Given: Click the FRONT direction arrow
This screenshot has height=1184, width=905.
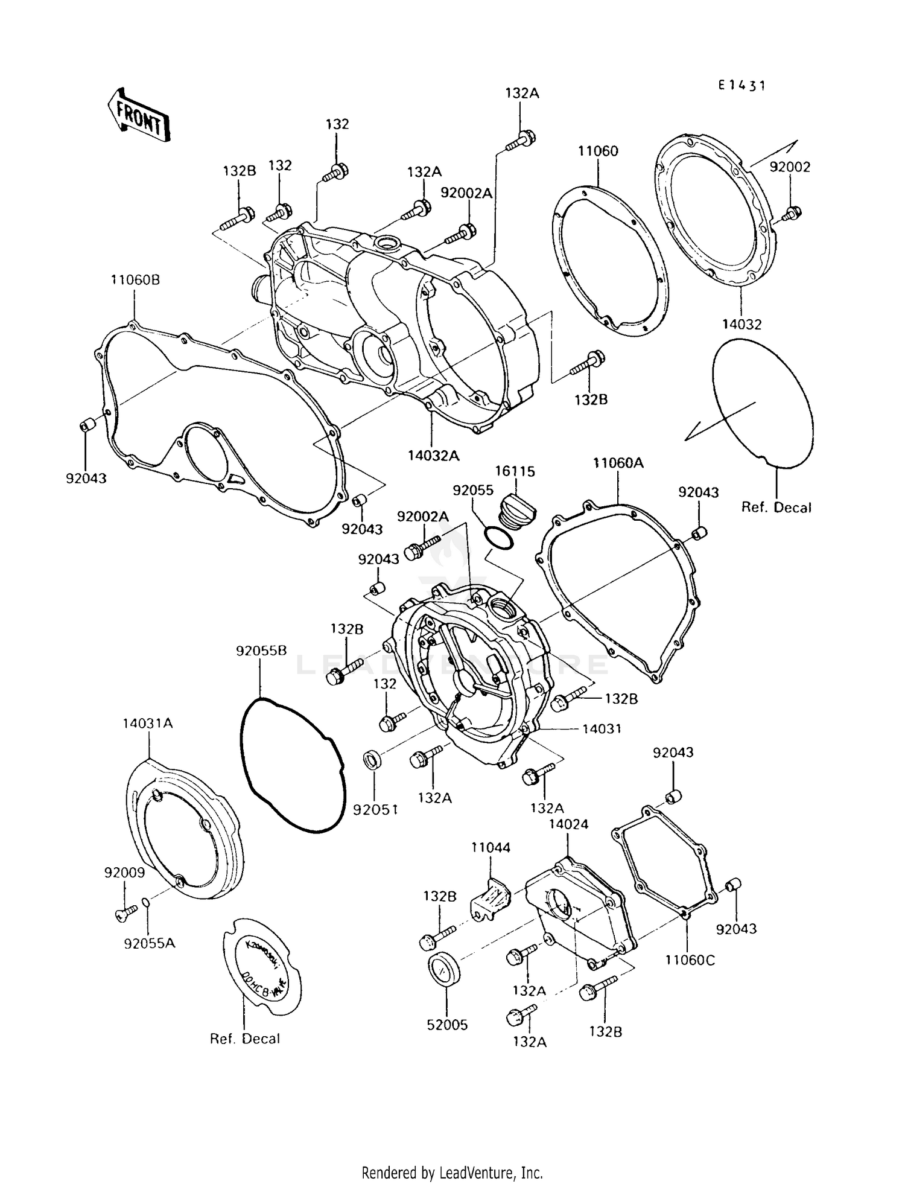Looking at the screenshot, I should pos(139,116).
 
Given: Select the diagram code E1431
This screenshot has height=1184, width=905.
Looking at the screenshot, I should pos(741,86).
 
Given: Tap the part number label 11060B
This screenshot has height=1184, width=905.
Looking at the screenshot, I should pos(135,280).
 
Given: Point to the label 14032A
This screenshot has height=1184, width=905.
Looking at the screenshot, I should pos(433,456).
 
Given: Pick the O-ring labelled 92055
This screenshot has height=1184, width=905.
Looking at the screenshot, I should pos(499,537).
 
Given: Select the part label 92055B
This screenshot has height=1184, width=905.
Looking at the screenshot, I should pos(261,651).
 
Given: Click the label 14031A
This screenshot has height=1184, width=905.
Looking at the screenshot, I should pos(148,723).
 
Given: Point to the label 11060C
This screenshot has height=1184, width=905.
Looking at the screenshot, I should pos(690,960).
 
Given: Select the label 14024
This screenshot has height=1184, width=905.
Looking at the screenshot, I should pos(568,824).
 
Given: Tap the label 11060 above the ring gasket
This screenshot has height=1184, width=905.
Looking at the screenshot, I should pos(598,151).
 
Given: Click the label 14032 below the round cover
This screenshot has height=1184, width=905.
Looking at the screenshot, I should pos(741,325).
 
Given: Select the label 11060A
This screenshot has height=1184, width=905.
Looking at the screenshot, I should pos(618,463).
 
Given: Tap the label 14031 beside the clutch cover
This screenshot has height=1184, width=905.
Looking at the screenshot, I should pos(601,728).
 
